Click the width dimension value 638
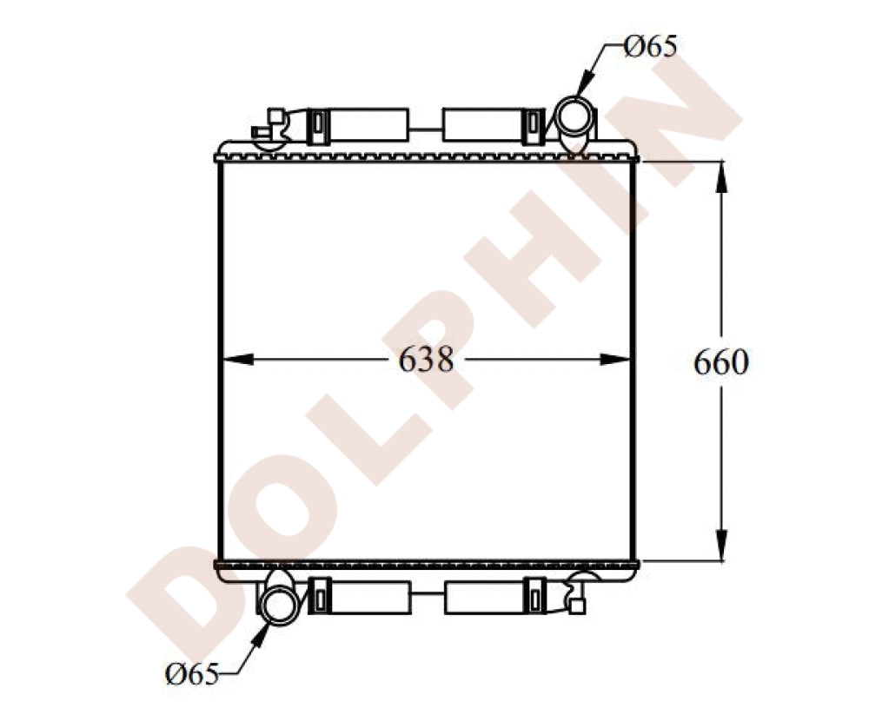click(426, 359)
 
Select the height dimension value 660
click(720, 362)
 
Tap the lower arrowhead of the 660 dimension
click(720, 546)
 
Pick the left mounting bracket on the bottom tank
click(360, 598)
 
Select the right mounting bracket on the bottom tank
click(494, 598)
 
